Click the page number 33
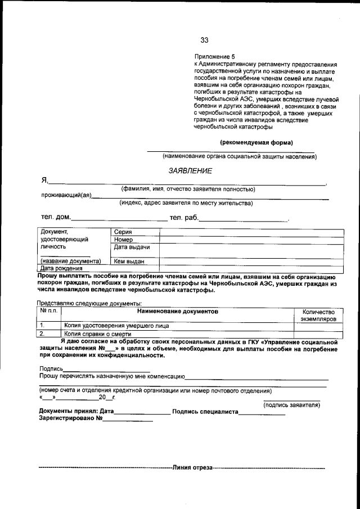pyautogui.click(x=204, y=40)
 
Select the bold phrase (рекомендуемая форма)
pyautogui.click(x=256, y=142)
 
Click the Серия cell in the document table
pyautogui.click(x=123, y=232)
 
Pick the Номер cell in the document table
pyautogui.click(x=123, y=240)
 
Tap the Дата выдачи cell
pyautogui.click(x=131, y=247)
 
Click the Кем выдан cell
pyautogui.click(x=129, y=261)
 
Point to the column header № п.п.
pyautogui.click(x=49, y=311)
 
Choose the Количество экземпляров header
pyautogui.click(x=318, y=315)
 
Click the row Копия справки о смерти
pyautogui.click(x=97, y=333)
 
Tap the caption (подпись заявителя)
pyautogui.click(x=291, y=404)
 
